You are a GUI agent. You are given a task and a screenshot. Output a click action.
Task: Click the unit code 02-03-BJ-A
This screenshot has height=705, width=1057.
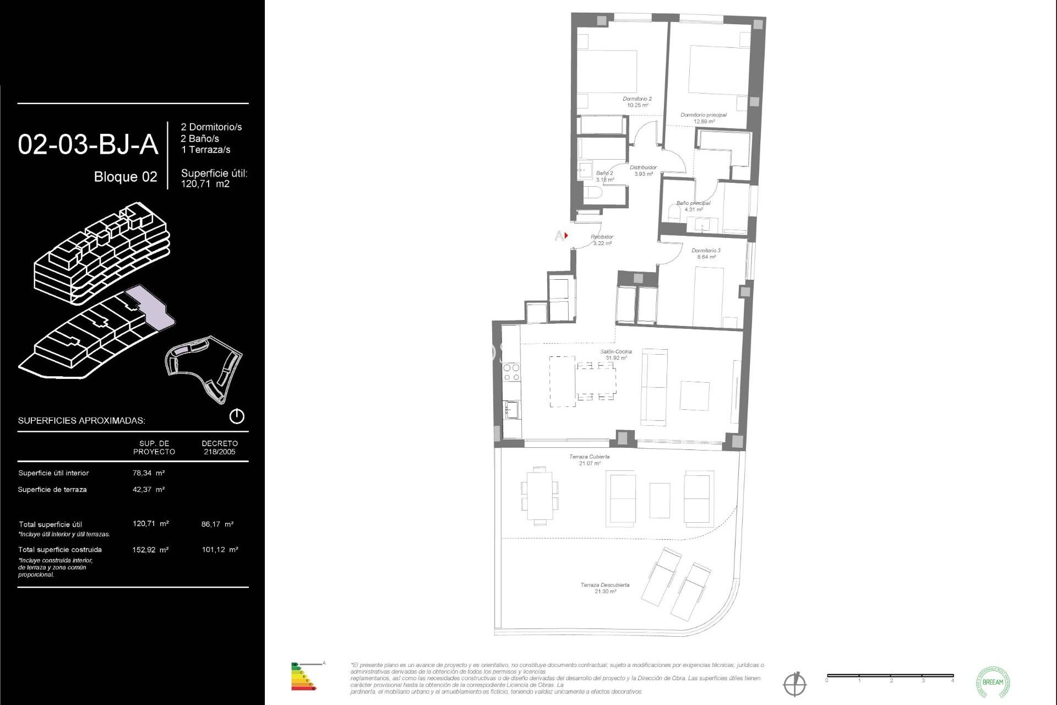pyautogui.click(x=88, y=145)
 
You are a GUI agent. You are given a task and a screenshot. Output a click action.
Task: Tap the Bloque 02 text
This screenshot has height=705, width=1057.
pyautogui.click(x=126, y=177)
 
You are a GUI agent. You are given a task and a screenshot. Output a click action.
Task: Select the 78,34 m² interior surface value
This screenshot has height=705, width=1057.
pyautogui.click(x=149, y=473)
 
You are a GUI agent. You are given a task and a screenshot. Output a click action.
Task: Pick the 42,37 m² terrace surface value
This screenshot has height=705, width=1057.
pyautogui.click(x=149, y=490)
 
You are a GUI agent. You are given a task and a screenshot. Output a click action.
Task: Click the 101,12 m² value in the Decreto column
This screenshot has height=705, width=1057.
pyautogui.click(x=220, y=550)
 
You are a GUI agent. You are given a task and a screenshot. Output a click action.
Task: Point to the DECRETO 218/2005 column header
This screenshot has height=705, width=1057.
pyautogui.click(x=220, y=447)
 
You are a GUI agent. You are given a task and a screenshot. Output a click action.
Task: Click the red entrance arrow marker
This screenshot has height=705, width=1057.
pyautogui.click(x=566, y=236)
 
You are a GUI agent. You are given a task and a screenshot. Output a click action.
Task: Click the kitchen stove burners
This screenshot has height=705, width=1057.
pyautogui.click(x=511, y=372)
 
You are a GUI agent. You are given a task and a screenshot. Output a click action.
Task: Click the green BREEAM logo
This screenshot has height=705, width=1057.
pyautogui.click(x=993, y=682)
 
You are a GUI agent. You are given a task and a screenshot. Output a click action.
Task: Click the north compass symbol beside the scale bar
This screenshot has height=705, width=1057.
pyautogui.click(x=794, y=685)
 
